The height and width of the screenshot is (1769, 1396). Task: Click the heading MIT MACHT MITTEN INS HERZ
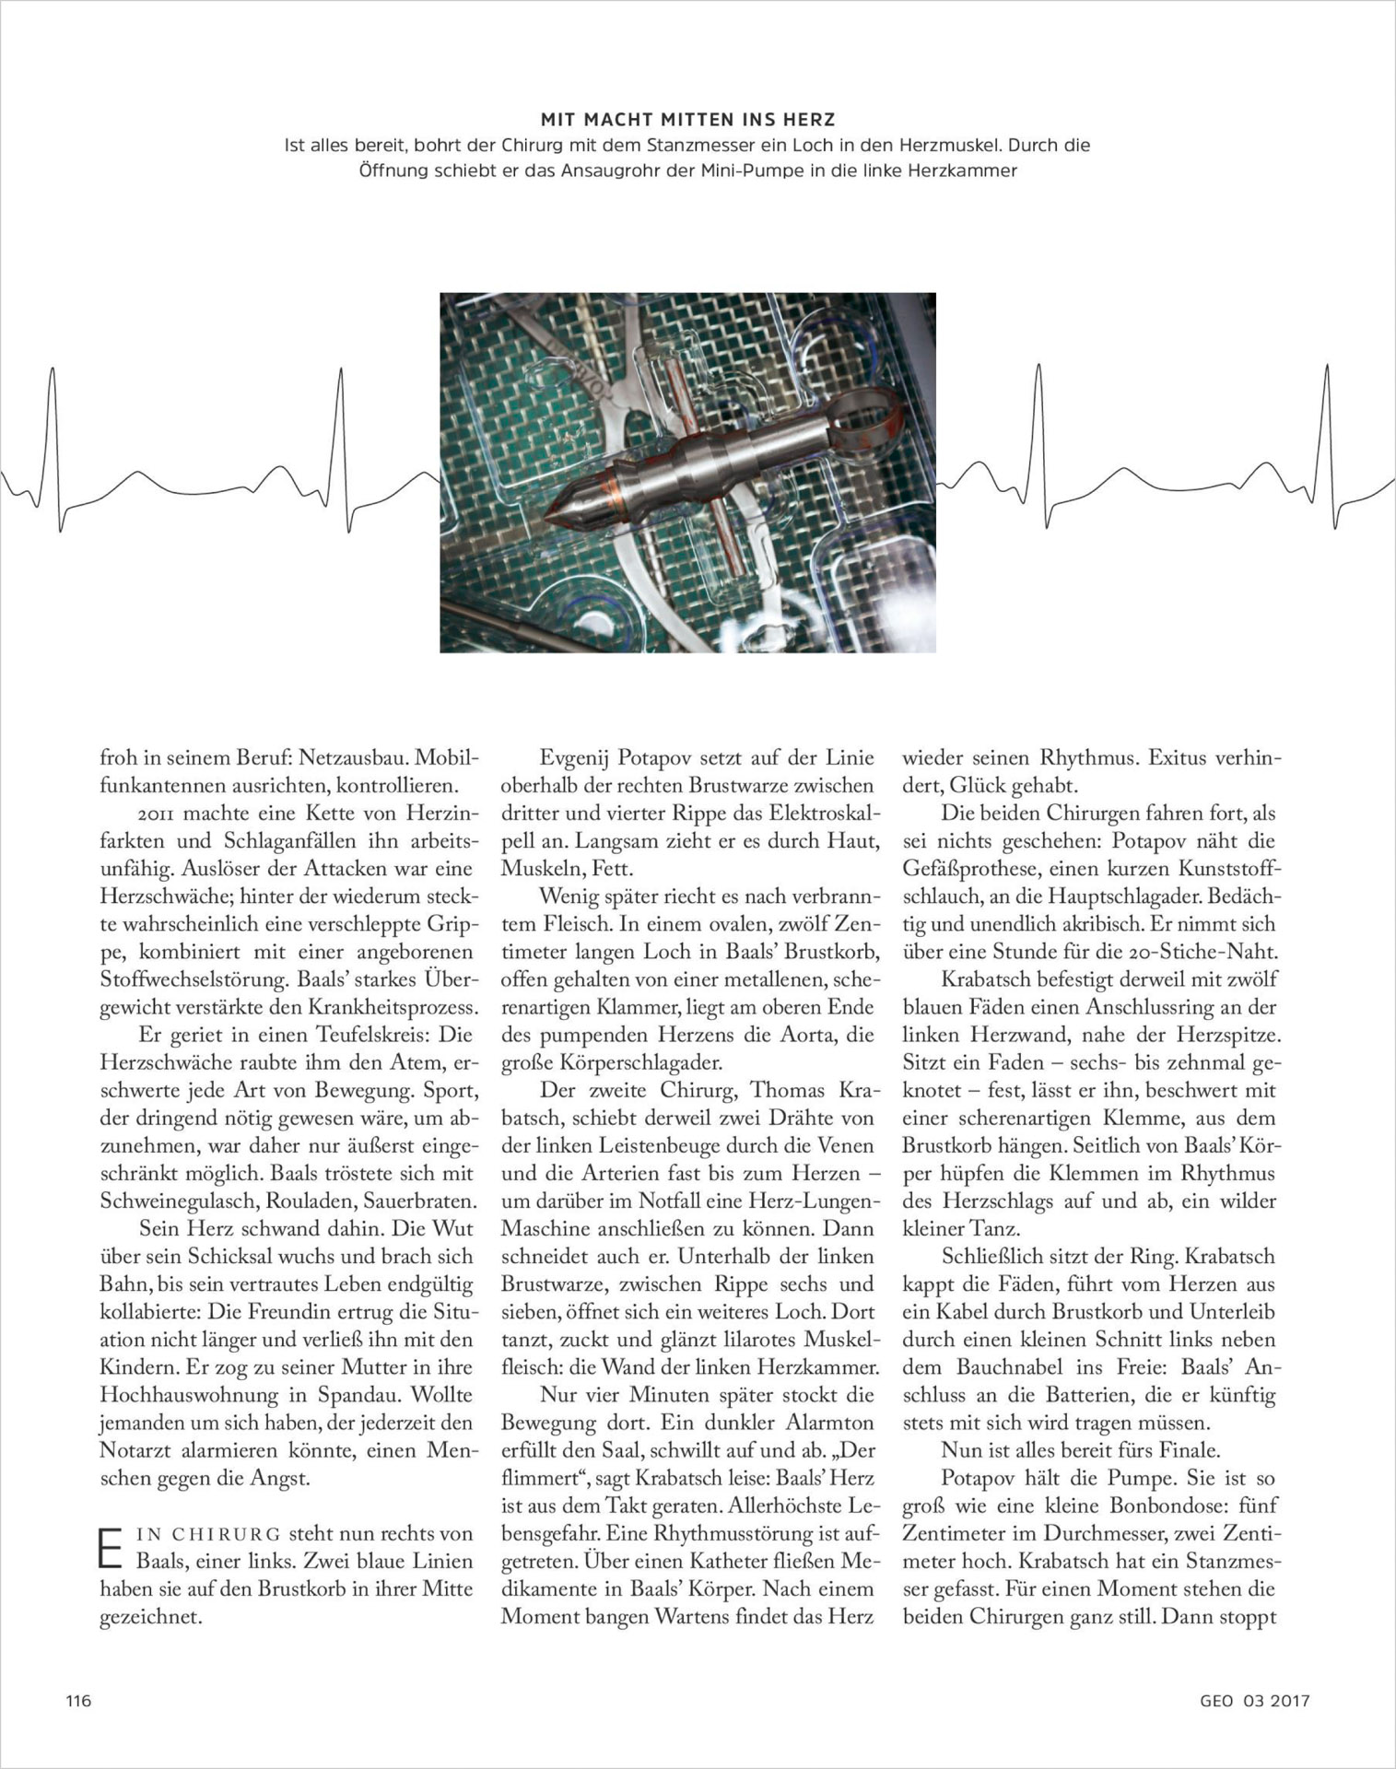pos(687,120)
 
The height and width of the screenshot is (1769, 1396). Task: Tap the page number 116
pos(78,1701)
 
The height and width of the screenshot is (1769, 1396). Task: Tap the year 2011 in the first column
pos(161,814)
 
